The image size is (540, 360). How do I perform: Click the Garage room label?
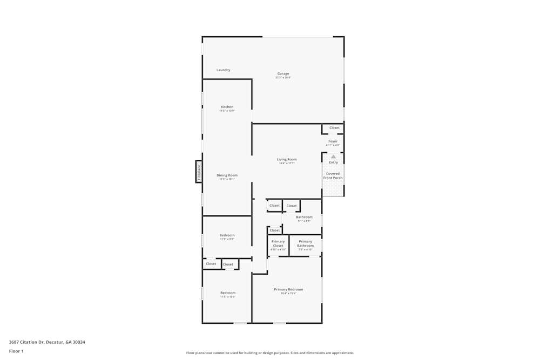coord(283,74)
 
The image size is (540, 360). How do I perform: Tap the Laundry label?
coord(223,70)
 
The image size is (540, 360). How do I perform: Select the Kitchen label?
coord(227,107)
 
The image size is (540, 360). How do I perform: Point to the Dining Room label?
coord(227,175)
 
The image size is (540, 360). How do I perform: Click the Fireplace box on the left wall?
coord(199,172)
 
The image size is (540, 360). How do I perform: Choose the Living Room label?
coord(287,159)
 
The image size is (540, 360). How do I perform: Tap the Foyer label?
coord(333,141)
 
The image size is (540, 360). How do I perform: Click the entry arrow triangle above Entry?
coord(333,157)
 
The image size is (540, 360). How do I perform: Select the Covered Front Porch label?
coord(333,176)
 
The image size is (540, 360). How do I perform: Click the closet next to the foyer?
coord(334,128)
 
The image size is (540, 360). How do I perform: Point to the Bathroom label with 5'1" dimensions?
coord(304,217)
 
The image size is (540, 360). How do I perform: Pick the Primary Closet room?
coord(278,244)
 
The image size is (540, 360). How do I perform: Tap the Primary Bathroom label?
coord(305,244)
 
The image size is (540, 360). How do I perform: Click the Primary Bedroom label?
coord(288,289)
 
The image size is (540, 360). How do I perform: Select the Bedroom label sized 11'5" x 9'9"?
coord(227,235)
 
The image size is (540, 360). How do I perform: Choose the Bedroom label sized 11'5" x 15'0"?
coord(227,293)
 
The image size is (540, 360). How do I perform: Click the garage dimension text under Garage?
coord(283,78)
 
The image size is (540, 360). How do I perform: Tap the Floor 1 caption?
coord(16,351)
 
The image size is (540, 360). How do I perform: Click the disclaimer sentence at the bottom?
coord(270,353)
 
